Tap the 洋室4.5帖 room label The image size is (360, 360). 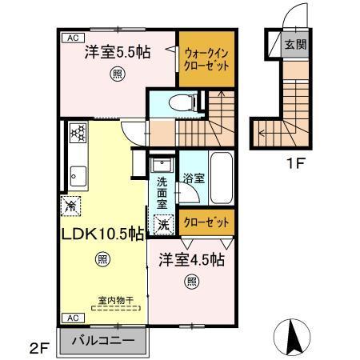pyautogui.click(x=190, y=260)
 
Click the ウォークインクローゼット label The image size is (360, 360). pyautogui.click(x=206, y=59)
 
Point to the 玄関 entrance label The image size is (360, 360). pyautogui.click(x=295, y=46)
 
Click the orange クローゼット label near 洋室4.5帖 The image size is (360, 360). pyautogui.click(x=206, y=221)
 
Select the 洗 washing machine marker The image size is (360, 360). pyautogui.click(x=162, y=225)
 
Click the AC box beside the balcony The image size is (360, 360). pyautogui.click(x=71, y=317)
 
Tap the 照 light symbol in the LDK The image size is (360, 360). pyautogui.click(x=101, y=258)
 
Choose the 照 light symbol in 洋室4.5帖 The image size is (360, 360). pyautogui.click(x=191, y=280)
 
